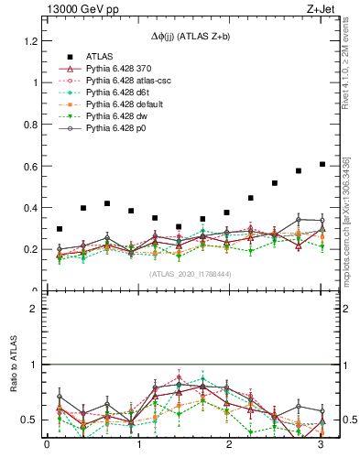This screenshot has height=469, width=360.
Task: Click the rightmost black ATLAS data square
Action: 322,164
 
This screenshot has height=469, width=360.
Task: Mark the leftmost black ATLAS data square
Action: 60,229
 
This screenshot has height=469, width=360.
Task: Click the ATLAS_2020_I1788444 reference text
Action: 189,273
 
